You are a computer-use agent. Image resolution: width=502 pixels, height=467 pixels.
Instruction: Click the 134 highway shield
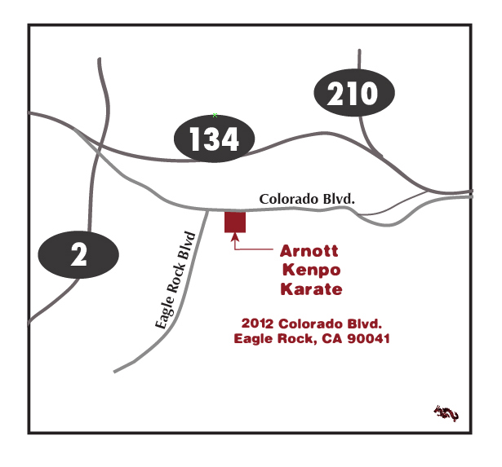tap(215, 139)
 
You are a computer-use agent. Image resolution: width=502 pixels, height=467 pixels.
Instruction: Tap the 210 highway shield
tap(353, 95)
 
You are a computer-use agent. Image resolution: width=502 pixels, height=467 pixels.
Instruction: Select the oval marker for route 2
tap(78, 255)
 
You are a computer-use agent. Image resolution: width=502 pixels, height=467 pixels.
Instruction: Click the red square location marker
tap(235, 222)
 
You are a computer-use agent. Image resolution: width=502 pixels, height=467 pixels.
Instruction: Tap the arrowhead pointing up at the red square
tap(235, 238)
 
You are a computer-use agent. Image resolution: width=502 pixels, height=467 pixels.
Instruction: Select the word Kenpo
tap(310, 269)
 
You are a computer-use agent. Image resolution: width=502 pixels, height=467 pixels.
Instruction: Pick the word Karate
tap(311, 289)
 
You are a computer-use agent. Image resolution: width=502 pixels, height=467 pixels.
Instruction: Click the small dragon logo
tap(446, 413)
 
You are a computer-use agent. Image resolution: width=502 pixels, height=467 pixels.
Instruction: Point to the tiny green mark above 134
tap(215, 115)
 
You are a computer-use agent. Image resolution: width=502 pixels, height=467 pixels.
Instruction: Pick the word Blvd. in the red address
tap(362, 324)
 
